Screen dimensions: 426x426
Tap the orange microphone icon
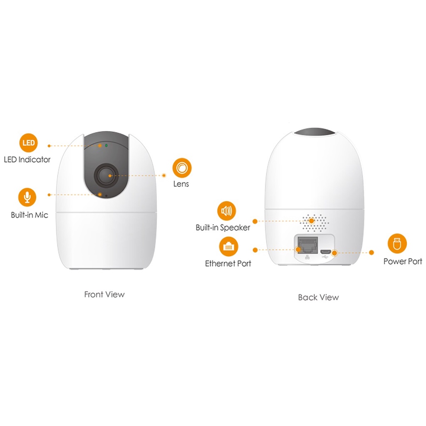[27, 197]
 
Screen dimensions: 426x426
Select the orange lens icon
[182, 168]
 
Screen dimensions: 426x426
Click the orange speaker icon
[226, 211]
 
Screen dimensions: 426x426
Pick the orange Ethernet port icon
[228, 247]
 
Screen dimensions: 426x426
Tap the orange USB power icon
[397, 243]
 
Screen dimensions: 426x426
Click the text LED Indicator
[27, 159]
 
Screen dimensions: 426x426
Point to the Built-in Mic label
[30, 215]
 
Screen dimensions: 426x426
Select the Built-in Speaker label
[223, 228]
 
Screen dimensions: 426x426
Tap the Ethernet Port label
[228, 264]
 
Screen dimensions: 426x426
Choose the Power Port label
[402, 261]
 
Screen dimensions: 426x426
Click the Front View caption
[104, 295]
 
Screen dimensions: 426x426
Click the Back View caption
[318, 297]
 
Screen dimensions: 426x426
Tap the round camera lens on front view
[105, 176]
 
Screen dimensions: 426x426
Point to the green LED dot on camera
[106, 146]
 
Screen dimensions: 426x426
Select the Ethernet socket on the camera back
[307, 244]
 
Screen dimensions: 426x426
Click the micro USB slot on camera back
[325, 251]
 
